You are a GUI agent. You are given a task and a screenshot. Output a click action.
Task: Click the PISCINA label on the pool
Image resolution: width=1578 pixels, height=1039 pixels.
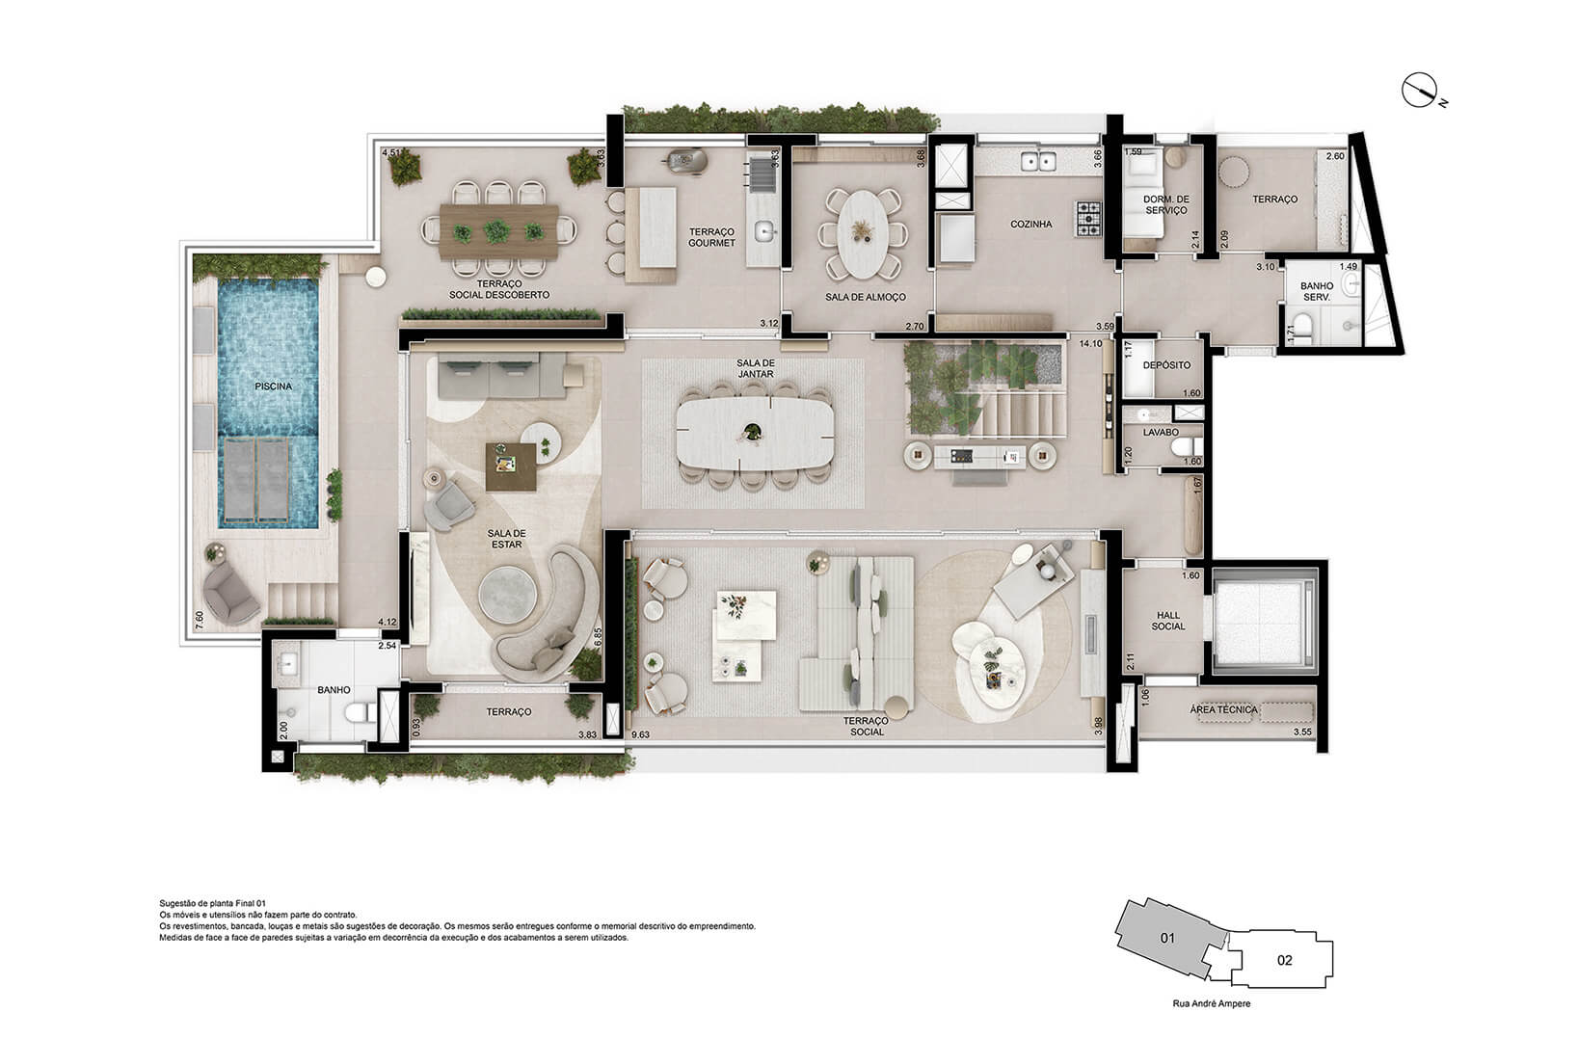(x=273, y=386)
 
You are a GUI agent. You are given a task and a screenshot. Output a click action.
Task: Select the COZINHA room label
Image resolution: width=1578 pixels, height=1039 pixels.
(x=1030, y=224)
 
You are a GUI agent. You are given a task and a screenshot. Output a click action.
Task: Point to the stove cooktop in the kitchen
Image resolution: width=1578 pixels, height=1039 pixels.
(x=1090, y=218)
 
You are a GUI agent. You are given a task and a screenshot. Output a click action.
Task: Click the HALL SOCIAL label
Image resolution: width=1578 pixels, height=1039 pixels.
(x=1169, y=620)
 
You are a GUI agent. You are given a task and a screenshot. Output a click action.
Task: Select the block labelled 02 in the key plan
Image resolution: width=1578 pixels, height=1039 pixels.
(x=1284, y=960)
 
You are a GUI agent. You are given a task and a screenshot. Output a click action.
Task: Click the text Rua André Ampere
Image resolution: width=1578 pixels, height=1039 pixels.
(x=1213, y=1003)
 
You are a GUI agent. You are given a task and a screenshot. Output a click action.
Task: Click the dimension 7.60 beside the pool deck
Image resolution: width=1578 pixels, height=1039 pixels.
(x=200, y=619)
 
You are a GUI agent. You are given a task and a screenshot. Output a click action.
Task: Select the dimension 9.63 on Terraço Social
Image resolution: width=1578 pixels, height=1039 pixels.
(x=640, y=734)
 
